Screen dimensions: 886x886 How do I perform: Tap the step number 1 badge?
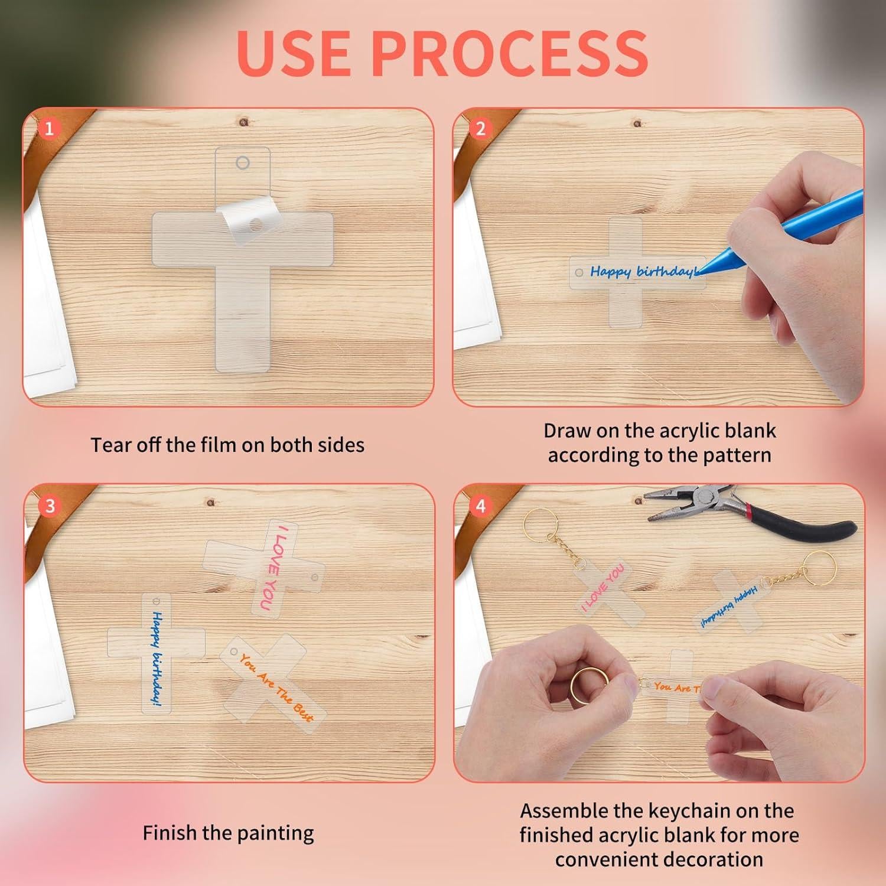coord(50,128)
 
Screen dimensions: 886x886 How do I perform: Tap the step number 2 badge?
coord(480,128)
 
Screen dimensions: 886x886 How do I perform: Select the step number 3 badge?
coord(50,506)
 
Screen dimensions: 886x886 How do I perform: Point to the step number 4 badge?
coord(480,506)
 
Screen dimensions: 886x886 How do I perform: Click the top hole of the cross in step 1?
coord(242,162)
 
